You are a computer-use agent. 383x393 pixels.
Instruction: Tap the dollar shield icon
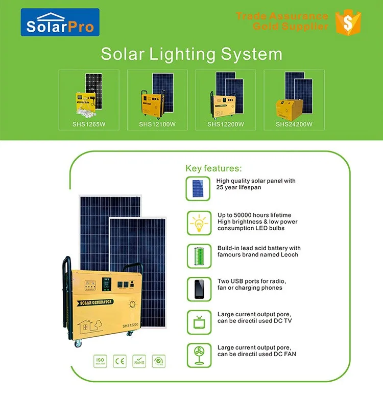point(349,21)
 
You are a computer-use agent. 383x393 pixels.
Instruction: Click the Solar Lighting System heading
point(191,54)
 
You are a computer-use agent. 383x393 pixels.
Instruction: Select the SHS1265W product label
point(89,124)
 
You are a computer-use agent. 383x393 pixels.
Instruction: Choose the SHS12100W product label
point(157,124)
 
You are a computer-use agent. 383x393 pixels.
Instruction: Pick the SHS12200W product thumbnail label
point(226,124)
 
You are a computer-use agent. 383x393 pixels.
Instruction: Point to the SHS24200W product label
point(294,124)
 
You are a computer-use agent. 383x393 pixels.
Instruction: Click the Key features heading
point(213,168)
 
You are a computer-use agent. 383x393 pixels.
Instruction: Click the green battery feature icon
point(199,254)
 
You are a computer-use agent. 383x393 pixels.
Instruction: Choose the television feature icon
point(199,321)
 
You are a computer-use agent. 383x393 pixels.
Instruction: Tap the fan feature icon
point(199,354)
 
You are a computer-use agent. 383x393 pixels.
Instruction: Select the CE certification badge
point(120,362)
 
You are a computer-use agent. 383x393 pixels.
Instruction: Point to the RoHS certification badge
point(138,362)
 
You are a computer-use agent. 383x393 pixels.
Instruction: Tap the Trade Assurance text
point(282,16)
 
